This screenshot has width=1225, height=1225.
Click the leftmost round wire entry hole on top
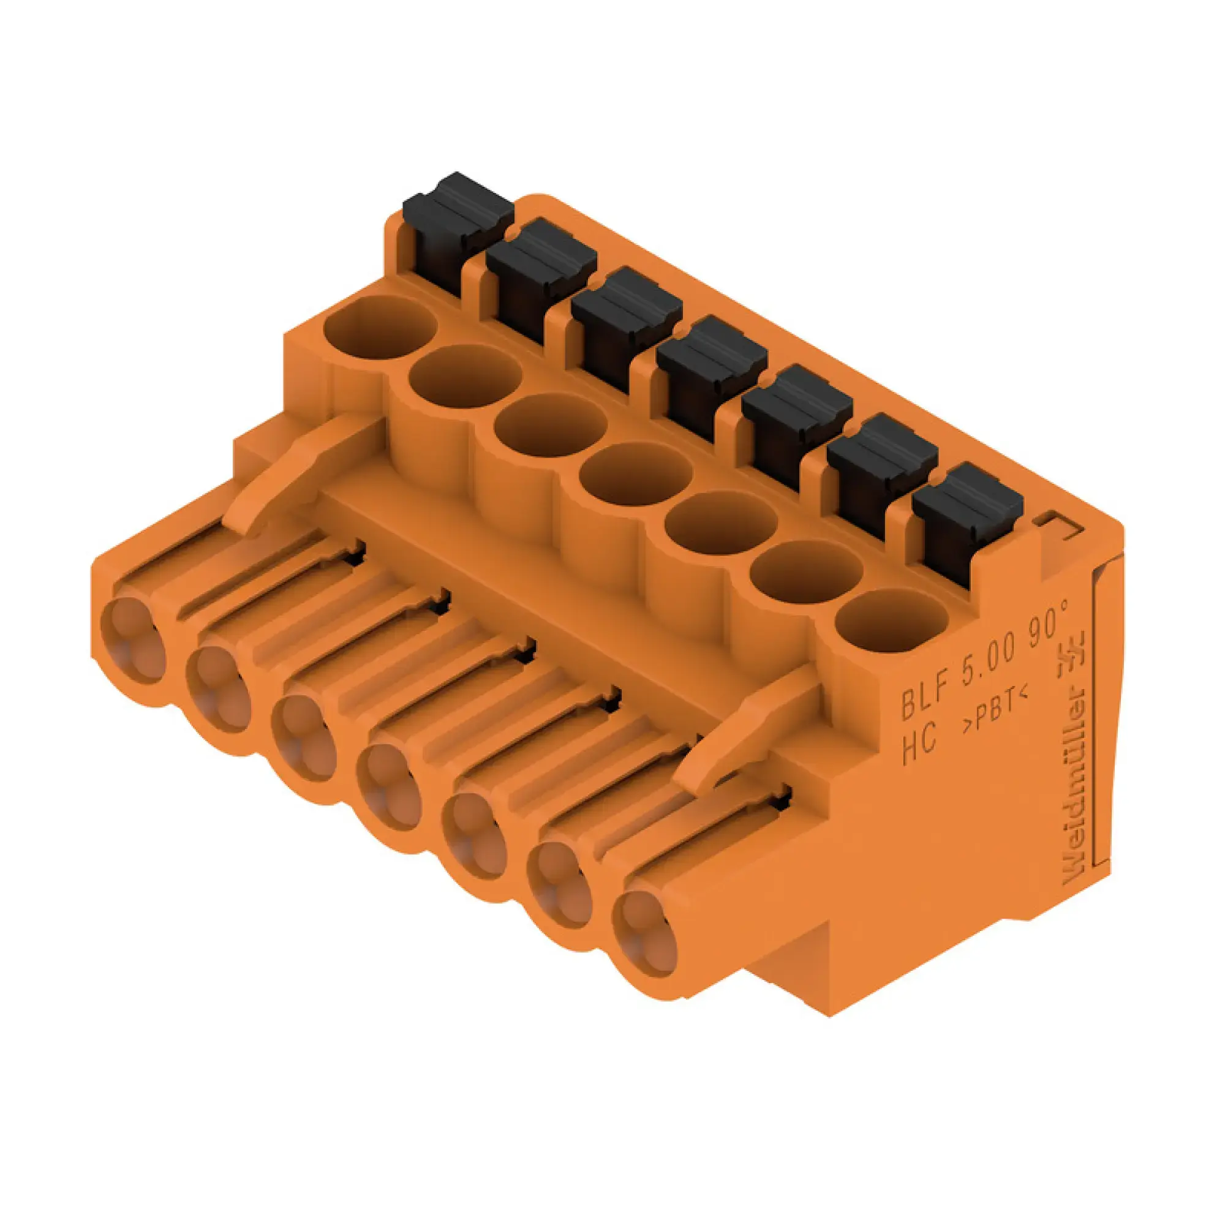tap(380, 328)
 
